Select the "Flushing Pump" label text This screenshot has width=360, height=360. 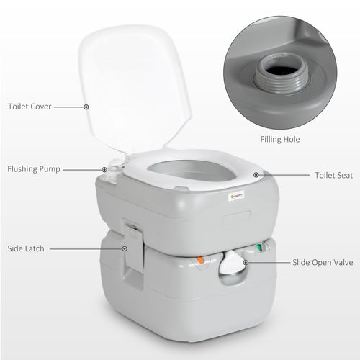(x=34, y=169)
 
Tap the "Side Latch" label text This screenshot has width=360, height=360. (x=26, y=248)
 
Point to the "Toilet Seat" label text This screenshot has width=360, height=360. (x=333, y=175)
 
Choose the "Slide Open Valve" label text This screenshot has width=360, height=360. (x=323, y=264)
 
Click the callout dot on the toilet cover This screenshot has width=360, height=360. (x=86, y=107)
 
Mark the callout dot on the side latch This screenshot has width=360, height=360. (x=125, y=248)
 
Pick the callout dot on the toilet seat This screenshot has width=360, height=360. (x=256, y=175)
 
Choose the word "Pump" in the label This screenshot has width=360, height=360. (x=51, y=169)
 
